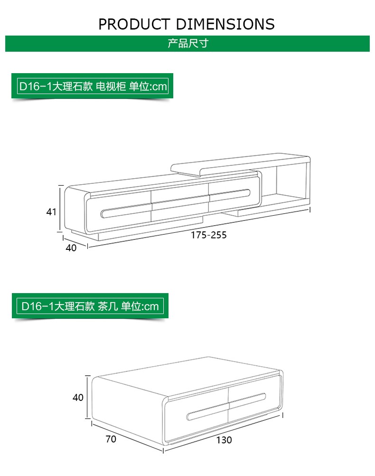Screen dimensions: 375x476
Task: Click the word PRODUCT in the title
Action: (x=134, y=24)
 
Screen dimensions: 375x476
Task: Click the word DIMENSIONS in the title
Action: (x=225, y=24)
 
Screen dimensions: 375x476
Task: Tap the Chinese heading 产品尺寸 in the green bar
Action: (x=188, y=43)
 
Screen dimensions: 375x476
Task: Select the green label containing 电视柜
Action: (x=92, y=86)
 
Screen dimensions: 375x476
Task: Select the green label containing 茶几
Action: (x=90, y=306)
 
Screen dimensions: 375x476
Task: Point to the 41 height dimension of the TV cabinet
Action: (x=51, y=211)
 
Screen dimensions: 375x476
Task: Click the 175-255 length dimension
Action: (x=209, y=235)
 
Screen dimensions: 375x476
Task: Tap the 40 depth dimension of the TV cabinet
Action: (x=71, y=248)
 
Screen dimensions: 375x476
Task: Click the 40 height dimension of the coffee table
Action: (x=78, y=397)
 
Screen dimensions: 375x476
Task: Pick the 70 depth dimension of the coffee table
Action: (x=111, y=439)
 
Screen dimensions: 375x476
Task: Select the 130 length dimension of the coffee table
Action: (x=224, y=440)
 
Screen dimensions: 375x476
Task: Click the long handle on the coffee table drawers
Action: (x=226, y=407)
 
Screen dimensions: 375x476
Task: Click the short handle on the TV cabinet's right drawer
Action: (x=229, y=194)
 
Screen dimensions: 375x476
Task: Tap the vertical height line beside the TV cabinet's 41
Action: (x=60, y=209)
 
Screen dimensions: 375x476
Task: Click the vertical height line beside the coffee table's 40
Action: (x=88, y=397)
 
